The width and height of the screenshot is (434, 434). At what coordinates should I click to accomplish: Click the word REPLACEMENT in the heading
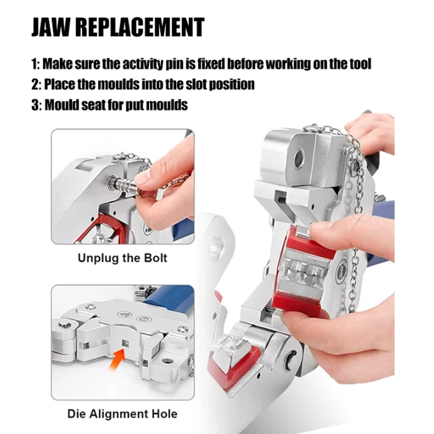point(140,27)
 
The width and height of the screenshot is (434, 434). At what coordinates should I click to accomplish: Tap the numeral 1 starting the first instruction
point(34,64)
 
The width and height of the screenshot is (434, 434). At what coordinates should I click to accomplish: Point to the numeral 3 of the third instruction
point(35,105)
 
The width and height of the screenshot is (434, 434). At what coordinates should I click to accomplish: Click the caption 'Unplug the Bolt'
point(123,258)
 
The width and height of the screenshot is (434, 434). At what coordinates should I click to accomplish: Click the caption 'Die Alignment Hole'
point(123,414)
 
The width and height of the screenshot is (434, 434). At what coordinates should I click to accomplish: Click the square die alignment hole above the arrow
point(125,343)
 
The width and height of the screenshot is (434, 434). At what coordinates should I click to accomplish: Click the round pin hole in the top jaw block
point(299,158)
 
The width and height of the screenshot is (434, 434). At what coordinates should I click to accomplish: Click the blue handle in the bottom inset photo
point(169,298)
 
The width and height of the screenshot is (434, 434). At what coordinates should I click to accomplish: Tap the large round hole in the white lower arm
point(216,246)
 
